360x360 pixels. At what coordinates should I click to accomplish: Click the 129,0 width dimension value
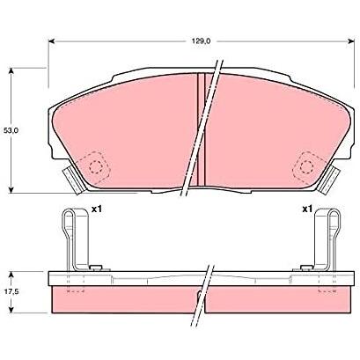(x=202, y=41)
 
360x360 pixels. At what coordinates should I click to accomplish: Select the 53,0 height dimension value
(x=11, y=130)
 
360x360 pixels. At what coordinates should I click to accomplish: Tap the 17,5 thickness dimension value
(x=11, y=292)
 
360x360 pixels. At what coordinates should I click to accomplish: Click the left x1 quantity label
(x=96, y=209)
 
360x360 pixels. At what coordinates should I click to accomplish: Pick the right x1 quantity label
(x=307, y=209)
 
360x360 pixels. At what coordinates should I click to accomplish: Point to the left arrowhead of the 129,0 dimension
(x=52, y=41)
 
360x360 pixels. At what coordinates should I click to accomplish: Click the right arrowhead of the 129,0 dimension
(x=351, y=41)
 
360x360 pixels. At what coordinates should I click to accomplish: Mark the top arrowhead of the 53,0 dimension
(x=11, y=71)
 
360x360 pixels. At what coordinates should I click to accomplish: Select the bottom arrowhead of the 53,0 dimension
(x=11, y=189)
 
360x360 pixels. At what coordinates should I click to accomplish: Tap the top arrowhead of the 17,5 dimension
(x=11, y=275)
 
